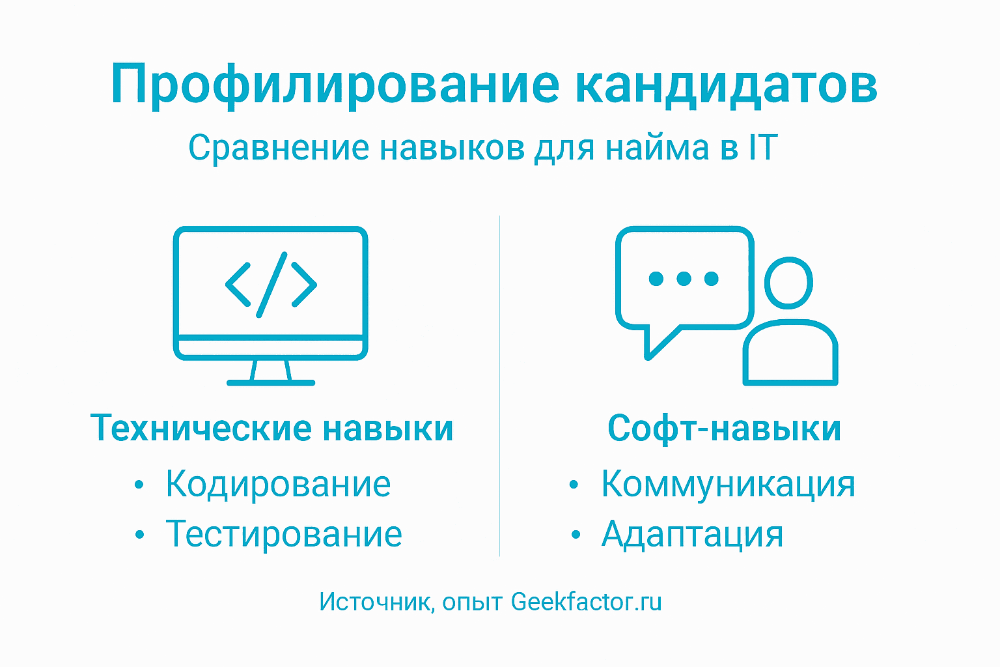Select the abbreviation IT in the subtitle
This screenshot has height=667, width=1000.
(762, 147)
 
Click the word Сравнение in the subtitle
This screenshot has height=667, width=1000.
(279, 148)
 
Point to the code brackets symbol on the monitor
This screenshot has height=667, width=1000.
(271, 285)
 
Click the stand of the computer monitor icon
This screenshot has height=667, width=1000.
(271, 373)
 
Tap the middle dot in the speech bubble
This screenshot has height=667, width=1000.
(684, 279)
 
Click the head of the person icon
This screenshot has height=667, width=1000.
(788, 283)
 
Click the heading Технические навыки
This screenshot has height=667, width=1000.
(271, 429)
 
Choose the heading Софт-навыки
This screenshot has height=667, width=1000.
(724, 429)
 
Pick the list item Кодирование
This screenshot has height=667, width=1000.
(278, 484)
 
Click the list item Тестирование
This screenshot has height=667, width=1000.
(284, 534)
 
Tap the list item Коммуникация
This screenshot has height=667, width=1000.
(728, 484)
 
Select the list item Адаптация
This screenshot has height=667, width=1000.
(692, 534)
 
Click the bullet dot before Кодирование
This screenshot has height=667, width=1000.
(139, 485)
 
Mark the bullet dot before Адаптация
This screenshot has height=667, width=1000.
(575, 535)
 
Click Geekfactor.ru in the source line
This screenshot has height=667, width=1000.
(586, 602)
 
